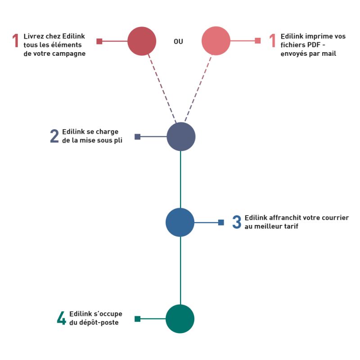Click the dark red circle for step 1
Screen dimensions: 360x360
point(142,41)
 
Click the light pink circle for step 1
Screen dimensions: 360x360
point(216,41)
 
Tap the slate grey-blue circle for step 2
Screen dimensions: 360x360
point(181,137)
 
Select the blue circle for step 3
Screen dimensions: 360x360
point(180,222)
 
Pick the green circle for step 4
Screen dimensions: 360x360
point(180,319)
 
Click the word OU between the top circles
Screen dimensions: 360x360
point(178,41)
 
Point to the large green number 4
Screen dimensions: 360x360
point(61,318)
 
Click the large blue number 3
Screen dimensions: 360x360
point(237,222)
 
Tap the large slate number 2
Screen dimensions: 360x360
point(54,136)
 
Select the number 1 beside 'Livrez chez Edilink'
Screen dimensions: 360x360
point(16,40)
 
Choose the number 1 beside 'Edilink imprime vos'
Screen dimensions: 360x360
point(273,40)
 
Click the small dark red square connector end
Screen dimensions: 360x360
point(99,41)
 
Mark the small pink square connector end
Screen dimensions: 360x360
point(258,40)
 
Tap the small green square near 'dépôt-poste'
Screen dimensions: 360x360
point(138,319)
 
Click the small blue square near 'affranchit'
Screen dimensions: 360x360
point(221,222)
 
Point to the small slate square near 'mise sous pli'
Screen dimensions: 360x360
point(138,137)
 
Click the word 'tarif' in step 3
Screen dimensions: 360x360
point(291,226)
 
